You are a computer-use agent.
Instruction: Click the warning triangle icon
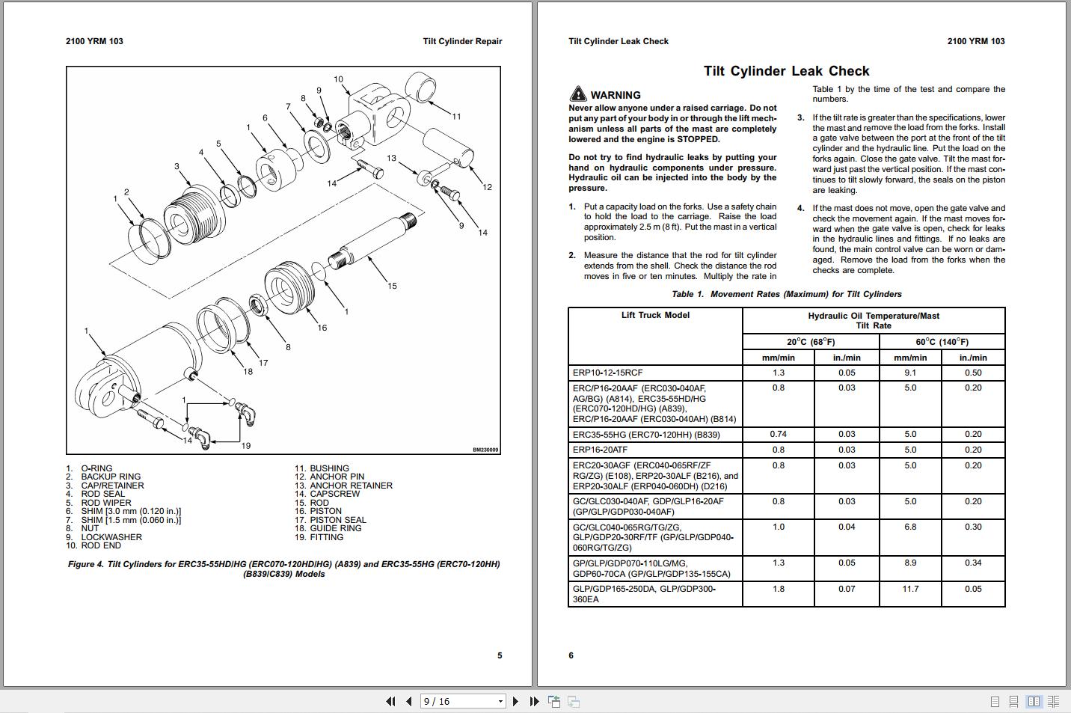pos(577,94)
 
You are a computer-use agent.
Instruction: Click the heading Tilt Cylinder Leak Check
pos(786,71)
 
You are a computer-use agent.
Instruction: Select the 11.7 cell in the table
pos(910,589)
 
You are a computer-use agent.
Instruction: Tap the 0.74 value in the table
pos(778,434)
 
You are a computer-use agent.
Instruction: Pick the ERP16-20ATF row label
pos(600,450)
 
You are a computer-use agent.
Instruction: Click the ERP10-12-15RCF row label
pos(607,373)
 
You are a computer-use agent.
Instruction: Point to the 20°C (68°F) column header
pos(811,342)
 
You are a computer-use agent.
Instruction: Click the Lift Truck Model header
pos(655,315)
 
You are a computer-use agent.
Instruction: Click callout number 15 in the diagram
pos(392,286)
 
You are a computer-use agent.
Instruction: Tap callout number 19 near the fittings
pos(245,446)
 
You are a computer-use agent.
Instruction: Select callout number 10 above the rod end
pos(338,79)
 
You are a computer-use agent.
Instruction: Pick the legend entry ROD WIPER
pos(105,503)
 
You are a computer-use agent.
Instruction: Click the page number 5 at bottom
pos(500,655)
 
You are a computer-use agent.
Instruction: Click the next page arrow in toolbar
pos(515,701)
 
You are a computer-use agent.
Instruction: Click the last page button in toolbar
pos(534,701)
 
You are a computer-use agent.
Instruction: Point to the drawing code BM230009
pos(485,450)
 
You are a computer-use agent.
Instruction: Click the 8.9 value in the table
pos(910,563)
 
